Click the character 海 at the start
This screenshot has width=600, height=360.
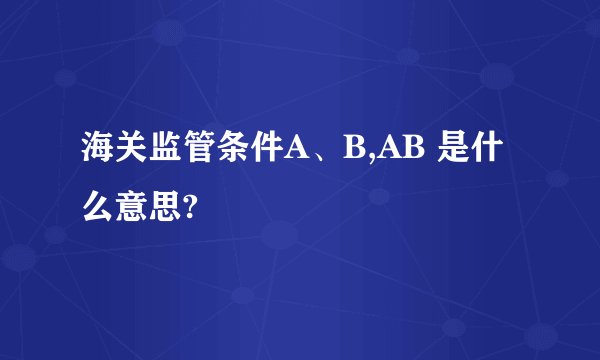click(x=98, y=152)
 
